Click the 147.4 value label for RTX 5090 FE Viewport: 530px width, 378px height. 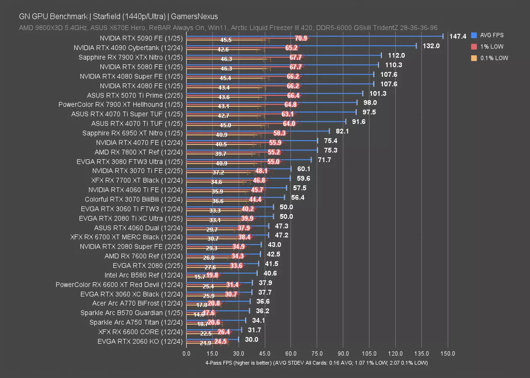(x=458, y=37)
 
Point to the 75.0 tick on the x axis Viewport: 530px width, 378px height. (x=317, y=354)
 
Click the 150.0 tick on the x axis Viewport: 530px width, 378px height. (x=448, y=354)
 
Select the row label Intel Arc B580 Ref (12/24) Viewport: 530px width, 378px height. (x=144, y=275)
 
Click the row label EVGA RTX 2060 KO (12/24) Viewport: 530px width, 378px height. (x=140, y=341)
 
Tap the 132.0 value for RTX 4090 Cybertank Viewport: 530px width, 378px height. (x=431, y=46)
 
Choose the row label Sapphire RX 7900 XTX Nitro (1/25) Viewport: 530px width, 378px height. (x=131, y=57)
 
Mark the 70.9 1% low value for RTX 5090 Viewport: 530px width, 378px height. (x=301, y=38)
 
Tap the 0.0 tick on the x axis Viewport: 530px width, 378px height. (x=186, y=354)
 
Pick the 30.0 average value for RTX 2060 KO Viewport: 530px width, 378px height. (x=251, y=340)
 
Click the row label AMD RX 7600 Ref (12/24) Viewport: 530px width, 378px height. (x=144, y=256)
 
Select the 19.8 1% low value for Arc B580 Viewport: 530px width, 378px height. (x=212, y=276)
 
